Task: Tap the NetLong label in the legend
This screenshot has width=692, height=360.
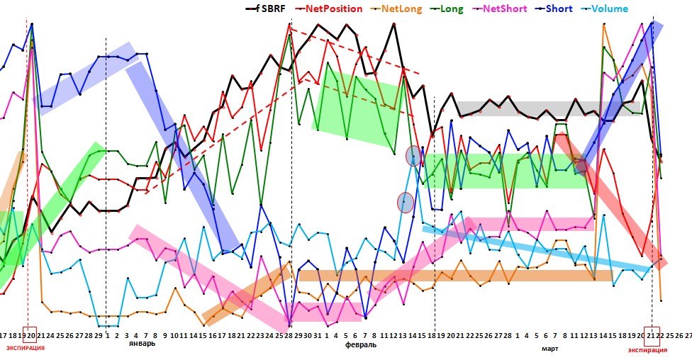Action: click(x=401, y=9)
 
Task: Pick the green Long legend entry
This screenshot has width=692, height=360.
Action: click(x=452, y=9)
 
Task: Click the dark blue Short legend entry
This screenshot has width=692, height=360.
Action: click(x=560, y=9)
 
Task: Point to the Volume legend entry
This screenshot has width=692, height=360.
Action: click(x=608, y=9)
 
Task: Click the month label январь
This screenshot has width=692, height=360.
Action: click(x=142, y=344)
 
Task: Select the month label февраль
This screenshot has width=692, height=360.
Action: click(x=361, y=344)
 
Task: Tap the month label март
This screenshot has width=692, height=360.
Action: click(x=549, y=348)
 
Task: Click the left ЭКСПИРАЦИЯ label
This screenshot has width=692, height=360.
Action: click(x=25, y=348)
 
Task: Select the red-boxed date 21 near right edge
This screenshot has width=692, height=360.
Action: click(x=652, y=335)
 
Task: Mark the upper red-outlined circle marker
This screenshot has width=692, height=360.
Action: click(x=413, y=156)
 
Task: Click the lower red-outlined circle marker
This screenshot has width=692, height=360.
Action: click(x=405, y=203)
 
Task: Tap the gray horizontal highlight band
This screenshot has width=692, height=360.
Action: click(x=548, y=108)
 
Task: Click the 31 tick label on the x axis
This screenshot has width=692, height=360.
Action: click(x=316, y=334)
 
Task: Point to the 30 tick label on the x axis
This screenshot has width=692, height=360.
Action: click(x=306, y=334)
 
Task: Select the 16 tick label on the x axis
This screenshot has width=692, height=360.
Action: click(x=211, y=334)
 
